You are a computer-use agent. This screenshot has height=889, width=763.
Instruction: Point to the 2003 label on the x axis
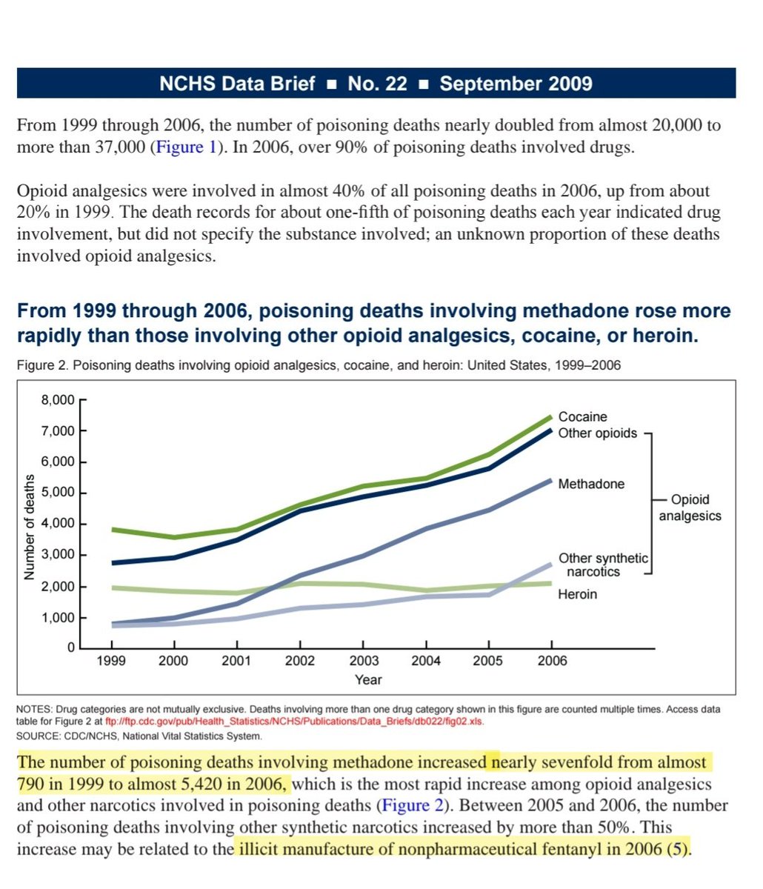[x=364, y=661]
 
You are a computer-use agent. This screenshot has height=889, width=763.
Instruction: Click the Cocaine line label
[x=582, y=417]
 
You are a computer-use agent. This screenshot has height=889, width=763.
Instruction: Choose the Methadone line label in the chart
[x=591, y=484]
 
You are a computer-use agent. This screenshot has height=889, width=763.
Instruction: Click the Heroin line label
[x=577, y=594]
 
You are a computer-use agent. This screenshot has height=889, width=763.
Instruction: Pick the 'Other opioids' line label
[x=597, y=433]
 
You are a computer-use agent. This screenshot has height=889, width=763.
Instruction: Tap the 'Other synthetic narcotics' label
[x=603, y=565]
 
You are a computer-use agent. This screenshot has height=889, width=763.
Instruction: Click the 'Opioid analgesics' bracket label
[x=690, y=507]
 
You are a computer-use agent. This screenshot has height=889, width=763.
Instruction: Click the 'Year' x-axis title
[x=368, y=679]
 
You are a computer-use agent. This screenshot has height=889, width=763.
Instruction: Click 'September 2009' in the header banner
[x=516, y=84]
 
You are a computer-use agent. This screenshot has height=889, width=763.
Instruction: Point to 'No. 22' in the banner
[x=377, y=84]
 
